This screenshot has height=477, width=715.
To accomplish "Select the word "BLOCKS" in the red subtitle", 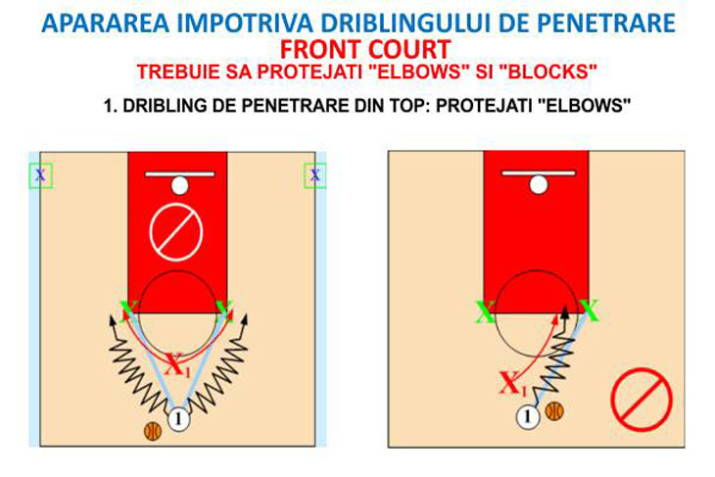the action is coord(546,72).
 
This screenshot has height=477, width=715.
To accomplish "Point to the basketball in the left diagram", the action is coord(153,431).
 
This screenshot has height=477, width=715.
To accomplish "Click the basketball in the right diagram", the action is coord(554,410).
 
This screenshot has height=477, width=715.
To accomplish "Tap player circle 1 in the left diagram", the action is coord(178,418).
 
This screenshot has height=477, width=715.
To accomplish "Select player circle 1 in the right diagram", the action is coord(528,416).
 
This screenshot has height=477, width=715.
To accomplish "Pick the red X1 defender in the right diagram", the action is coord(513,384).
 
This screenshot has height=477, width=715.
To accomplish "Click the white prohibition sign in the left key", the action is coord(176,232).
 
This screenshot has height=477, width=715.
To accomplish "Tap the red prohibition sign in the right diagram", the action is coord(642,400).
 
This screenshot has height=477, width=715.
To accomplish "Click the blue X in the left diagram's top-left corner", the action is coord(40,174).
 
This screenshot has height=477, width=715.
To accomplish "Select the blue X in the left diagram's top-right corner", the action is coord(315,174).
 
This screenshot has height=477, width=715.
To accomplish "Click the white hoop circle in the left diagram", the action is coord(179,185).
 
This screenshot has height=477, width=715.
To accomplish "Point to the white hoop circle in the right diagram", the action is coord(539,185).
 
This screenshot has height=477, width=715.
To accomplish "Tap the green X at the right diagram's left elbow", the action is coord(485,312).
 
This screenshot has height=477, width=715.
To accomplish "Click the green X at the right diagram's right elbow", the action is coord(589,310).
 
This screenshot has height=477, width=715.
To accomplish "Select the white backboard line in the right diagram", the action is coord(539,172).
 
